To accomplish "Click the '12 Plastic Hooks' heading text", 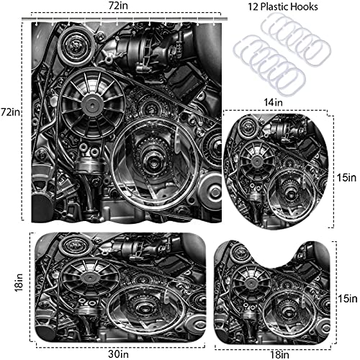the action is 283,6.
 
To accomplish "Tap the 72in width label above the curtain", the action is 118,5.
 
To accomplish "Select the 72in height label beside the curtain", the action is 10,112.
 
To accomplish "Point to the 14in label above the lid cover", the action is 273,102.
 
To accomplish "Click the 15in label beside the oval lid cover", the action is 346,178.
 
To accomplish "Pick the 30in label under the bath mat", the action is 118,354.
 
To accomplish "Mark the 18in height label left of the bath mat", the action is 19,282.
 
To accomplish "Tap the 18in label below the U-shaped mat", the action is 279,355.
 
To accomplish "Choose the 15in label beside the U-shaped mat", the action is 348,299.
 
